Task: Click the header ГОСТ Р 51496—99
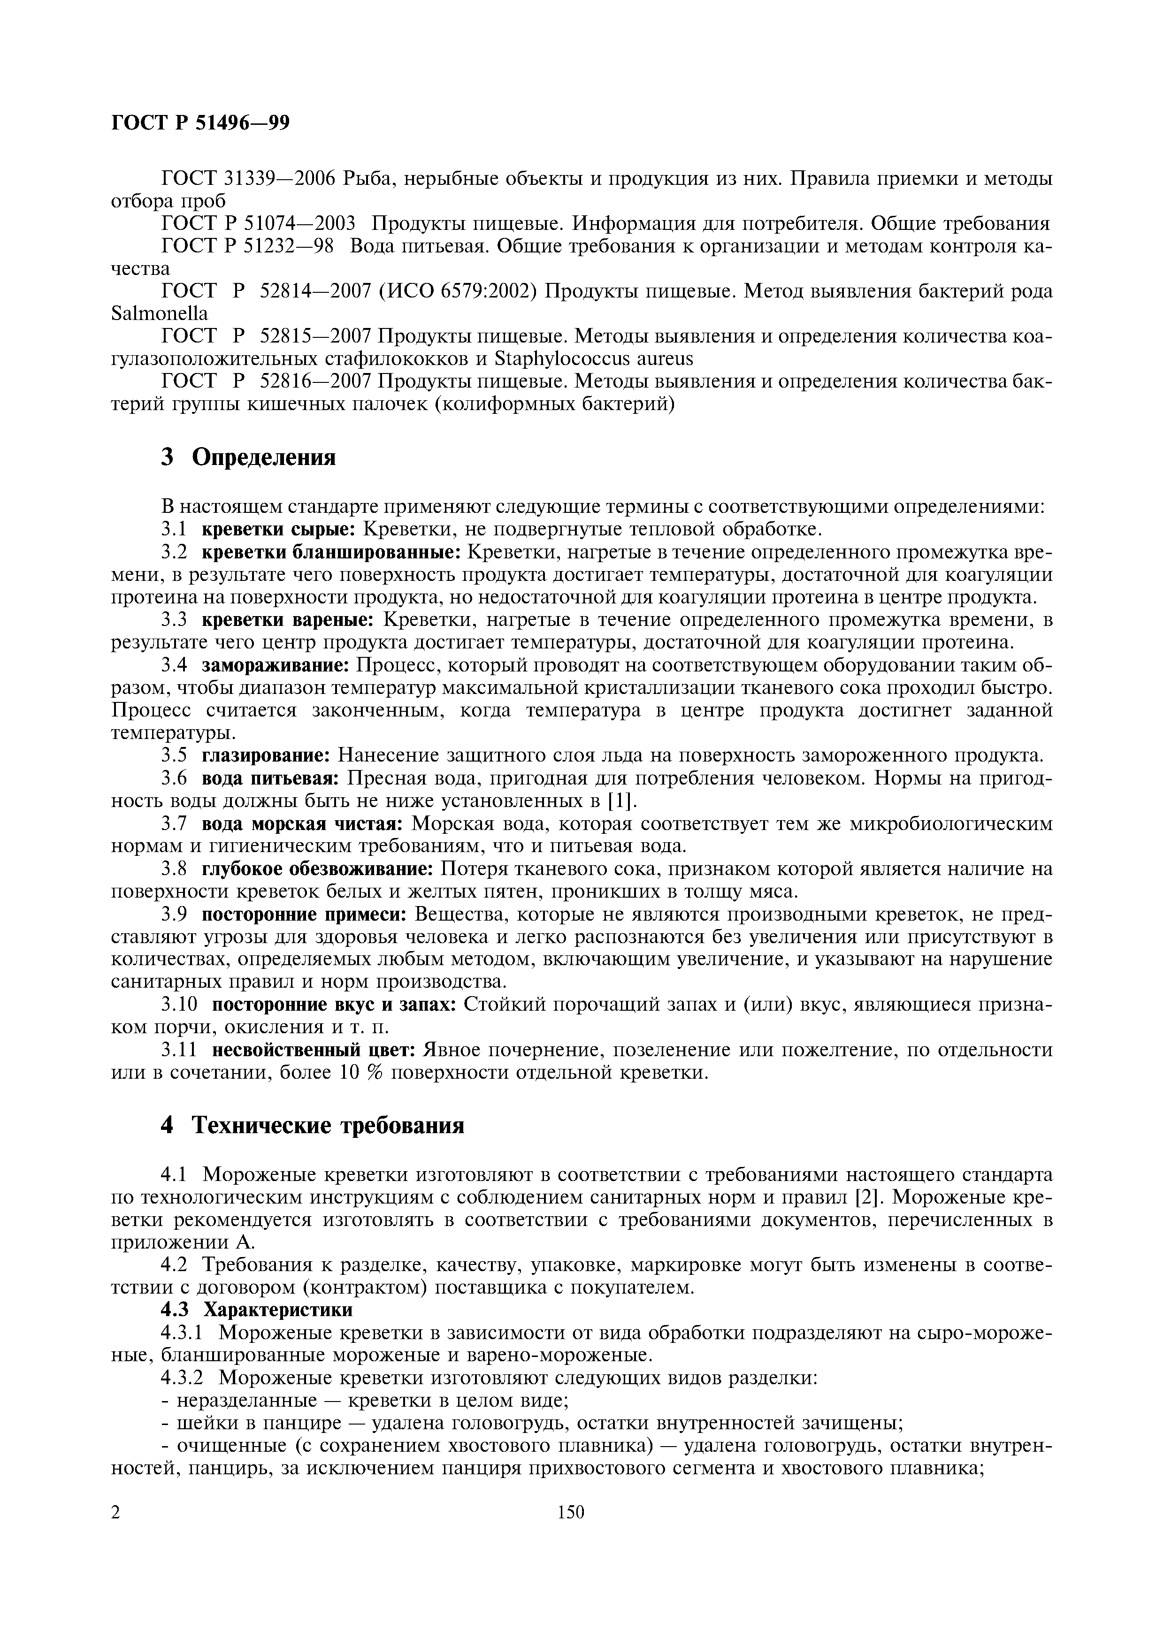click(x=201, y=123)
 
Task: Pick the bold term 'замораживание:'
click(x=276, y=665)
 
